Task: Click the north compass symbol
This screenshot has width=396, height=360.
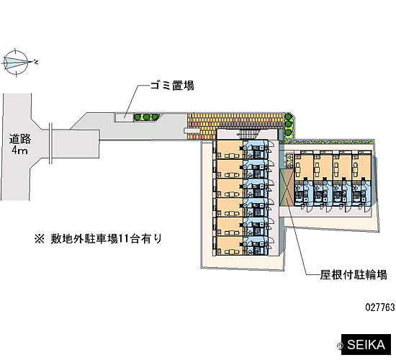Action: [x=17, y=62]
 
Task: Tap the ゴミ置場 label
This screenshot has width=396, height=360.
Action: [x=172, y=86]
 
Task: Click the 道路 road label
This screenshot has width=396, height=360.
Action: [x=20, y=139]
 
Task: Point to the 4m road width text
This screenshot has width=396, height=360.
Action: [x=19, y=150]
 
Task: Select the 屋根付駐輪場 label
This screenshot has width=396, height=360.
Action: [x=354, y=275]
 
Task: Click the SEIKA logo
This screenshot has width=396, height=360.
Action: [x=366, y=345]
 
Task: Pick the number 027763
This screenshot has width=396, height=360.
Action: [x=380, y=307]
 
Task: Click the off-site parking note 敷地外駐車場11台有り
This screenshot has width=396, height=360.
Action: [x=98, y=238]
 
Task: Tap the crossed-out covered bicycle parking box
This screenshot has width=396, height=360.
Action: [x=287, y=187]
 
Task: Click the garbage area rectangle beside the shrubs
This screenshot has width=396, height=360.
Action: [x=123, y=117]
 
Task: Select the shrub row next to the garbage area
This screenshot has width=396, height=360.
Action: [x=146, y=117]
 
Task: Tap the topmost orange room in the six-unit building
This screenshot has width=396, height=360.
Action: [x=229, y=150]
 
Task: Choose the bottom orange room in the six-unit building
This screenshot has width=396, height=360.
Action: [x=229, y=246]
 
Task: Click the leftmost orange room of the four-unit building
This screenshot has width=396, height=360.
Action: [x=304, y=168]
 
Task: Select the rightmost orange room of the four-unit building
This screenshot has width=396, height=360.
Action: [x=361, y=168]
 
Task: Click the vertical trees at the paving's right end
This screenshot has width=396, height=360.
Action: [x=288, y=125]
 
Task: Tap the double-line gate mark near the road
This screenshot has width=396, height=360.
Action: [x=51, y=143]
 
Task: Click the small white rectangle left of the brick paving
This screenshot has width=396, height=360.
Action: [x=192, y=130]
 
